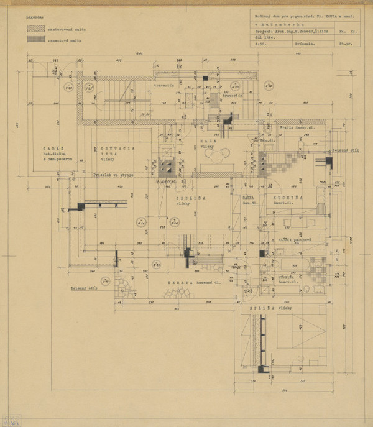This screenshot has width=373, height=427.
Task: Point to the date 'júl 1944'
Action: click(x=261, y=37)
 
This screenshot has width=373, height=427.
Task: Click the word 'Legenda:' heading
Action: click(x=35, y=19)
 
